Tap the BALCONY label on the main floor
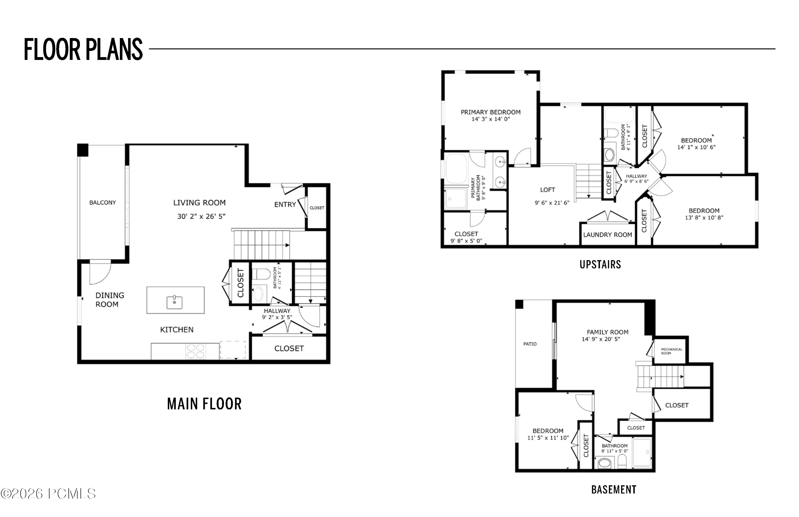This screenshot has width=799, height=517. pos(102,202)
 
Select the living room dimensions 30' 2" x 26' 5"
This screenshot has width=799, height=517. pos(201,217)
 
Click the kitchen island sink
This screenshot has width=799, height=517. pos(174,302)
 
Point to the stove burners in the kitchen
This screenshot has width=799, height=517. pos(195,351)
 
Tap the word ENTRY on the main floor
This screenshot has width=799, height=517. pos(285,205)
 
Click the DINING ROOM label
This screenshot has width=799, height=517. pos(110,300)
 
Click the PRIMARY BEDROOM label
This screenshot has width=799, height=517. pos(491,112)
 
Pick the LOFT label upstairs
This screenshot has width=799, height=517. pos(548,190)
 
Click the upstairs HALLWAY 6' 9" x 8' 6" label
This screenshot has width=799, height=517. pos(636,179)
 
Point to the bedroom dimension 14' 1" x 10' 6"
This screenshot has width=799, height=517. pos(696,147)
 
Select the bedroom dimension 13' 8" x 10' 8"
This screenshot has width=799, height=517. pos(704,218)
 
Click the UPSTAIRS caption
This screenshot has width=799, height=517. pos(600,264)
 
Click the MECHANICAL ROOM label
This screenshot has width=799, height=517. pos(671,351)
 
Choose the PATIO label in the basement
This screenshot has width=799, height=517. pos(530,344)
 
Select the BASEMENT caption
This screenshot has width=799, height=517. pos(614,490)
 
